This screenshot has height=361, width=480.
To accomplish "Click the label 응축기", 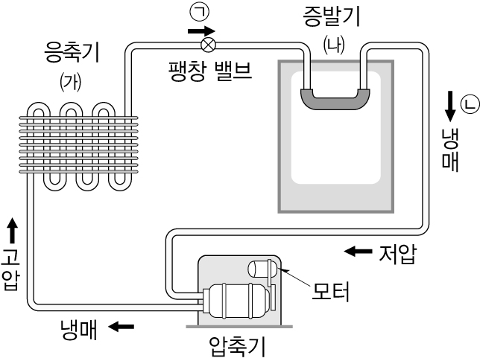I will pyautogui.click(x=72, y=54).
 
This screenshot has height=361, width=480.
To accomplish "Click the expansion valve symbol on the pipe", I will pyautogui.click(x=209, y=44).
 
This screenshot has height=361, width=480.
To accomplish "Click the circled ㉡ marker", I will pyautogui.click(x=468, y=102).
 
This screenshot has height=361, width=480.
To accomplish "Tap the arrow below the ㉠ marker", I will pyautogui.click(x=199, y=31).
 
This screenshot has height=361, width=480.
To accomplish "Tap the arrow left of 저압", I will pyautogui.click(x=358, y=252).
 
